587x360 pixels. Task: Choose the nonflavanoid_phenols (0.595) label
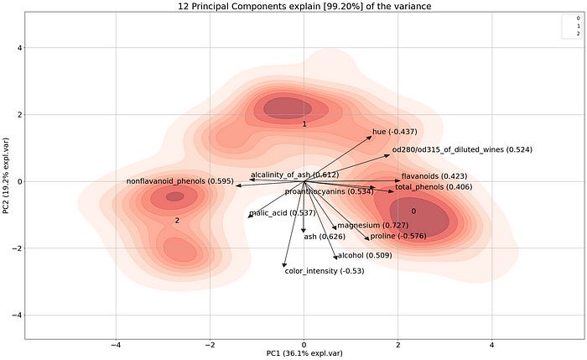[x=179, y=181]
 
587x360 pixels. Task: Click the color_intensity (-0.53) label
[x=324, y=271]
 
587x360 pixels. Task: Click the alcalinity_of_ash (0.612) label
[x=294, y=175]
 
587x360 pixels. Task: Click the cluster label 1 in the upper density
[x=304, y=124]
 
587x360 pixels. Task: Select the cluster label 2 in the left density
[x=177, y=220]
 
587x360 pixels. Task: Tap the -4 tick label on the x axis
[x=117, y=344]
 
